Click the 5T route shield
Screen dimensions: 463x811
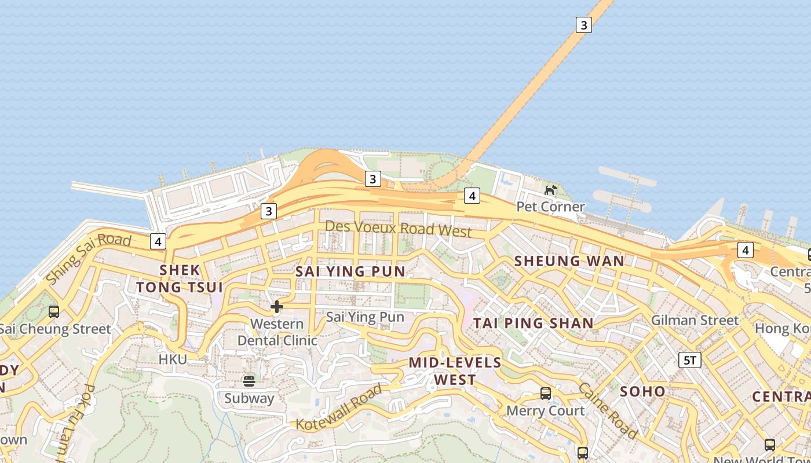689,361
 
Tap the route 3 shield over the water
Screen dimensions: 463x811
583,25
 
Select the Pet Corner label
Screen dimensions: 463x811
550,207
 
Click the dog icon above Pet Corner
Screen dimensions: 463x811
550,189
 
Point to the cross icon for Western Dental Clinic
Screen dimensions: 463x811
277,306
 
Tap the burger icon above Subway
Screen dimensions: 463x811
249,381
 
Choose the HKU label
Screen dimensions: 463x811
173,359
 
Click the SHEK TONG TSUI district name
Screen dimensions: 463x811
180,278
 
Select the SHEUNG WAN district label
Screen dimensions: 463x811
569,261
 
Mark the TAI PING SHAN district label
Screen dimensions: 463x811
534,323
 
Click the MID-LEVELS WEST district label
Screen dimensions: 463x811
455,371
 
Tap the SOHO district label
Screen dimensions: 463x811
642,391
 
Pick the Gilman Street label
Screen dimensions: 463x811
695,320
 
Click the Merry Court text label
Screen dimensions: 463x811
545,411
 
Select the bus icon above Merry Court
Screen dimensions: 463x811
545,394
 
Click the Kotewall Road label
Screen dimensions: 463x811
339,407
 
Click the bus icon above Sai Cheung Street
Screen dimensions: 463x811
54,312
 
